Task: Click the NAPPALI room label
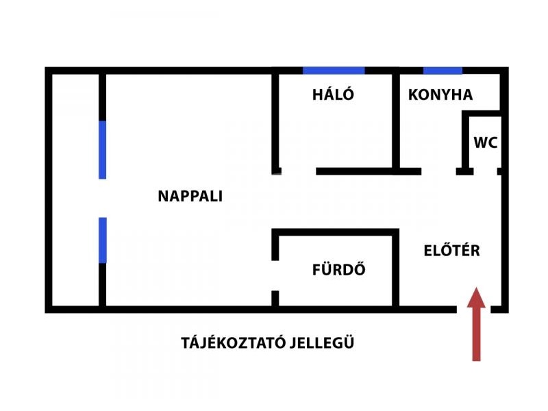coord(190,197)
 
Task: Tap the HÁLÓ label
coord(333,95)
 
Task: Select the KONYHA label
coord(440,95)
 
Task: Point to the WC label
coord(486,144)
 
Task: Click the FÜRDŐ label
coord(338,270)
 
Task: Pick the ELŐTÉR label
coord(451,251)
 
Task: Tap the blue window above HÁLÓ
coord(334,71)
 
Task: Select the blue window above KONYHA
coord(443,71)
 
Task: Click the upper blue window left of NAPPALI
coord(103,149)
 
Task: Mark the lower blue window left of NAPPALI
coord(103,240)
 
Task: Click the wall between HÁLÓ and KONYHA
coord(396,120)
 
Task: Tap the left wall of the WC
coord(464,140)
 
